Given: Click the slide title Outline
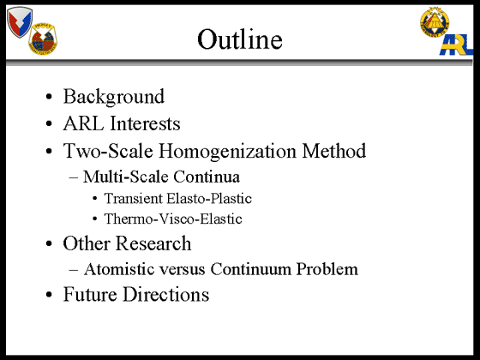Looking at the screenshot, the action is click(240, 39).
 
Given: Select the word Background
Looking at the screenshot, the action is click(114, 97).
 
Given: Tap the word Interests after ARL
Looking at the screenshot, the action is click(145, 123).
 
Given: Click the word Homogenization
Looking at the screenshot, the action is click(227, 151).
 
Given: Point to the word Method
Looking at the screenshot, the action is click(334, 150).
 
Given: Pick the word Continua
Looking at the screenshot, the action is click(207, 177).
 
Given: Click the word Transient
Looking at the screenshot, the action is click(134, 198).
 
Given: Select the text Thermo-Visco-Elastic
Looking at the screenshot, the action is click(173, 219).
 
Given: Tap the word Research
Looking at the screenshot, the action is click(153, 243).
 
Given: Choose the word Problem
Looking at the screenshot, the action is click(327, 269).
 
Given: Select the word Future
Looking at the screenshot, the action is click(90, 294).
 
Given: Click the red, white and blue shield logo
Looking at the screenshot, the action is click(20, 22).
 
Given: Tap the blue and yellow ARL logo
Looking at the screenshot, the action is click(456, 45).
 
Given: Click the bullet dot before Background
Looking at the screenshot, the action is click(49, 97).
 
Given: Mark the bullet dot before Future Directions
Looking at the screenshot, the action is click(49, 295).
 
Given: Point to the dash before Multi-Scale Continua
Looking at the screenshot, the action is click(74, 177).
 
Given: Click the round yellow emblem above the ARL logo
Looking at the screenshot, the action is click(435, 22).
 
